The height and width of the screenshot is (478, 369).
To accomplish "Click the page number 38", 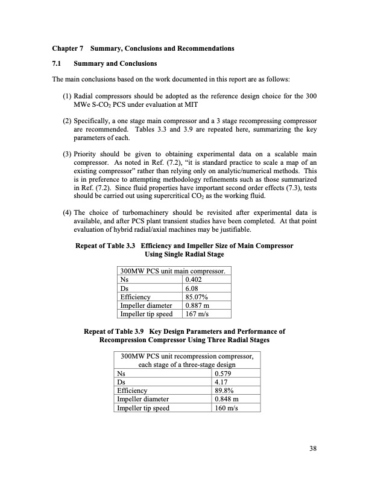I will coord(313,448).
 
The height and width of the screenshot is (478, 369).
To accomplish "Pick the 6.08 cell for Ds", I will coord(191,288).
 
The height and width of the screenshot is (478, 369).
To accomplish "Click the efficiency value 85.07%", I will coord(197,297).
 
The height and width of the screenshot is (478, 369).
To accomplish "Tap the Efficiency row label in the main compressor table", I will coord(135,297).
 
